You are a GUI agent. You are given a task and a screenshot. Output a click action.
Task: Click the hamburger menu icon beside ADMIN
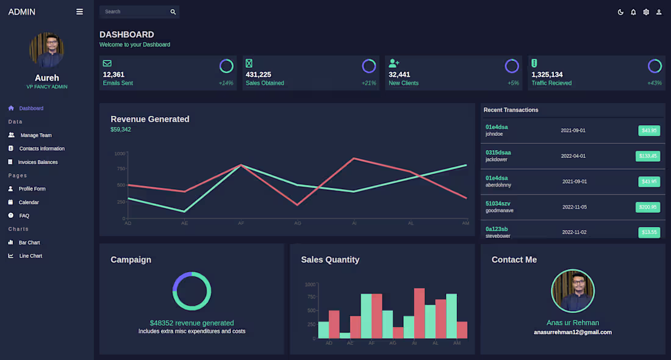click(x=79, y=12)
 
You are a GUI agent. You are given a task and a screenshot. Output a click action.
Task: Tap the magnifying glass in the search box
click(x=173, y=12)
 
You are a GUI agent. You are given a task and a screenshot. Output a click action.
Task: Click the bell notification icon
click(x=633, y=12)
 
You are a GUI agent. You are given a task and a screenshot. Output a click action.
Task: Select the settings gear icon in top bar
click(x=646, y=12)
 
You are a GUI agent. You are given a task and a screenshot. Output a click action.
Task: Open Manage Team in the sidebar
click(x=35, y=135)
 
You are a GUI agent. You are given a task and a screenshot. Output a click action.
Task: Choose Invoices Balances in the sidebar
click(x=37, y=162)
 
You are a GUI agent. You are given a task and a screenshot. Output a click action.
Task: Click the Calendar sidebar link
click(x=28, y=203)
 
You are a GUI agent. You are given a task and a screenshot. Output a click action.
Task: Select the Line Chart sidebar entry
click(x=30, y=256)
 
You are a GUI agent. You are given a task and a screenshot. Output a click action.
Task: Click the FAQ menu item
click(x=24, y=216)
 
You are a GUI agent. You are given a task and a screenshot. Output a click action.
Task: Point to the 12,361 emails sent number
click(x=113, y=74)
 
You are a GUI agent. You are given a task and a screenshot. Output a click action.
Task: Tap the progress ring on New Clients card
click(x=512, y=66)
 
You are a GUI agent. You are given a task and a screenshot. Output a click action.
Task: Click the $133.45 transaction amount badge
click(x=648, y=156)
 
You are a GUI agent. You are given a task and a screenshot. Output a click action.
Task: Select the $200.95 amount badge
click(x=648, y=207)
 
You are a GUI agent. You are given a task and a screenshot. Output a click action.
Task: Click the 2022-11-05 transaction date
click(x=574, y=207)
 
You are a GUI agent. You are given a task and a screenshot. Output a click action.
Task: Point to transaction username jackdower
click(x=497, y=160)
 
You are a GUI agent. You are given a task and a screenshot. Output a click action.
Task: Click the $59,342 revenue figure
click(x=121, y=129)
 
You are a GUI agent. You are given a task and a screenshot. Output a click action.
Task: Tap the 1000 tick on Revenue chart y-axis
click(x=120, y=153)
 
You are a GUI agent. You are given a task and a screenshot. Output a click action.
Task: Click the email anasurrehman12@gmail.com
click(x=572, y=333)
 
